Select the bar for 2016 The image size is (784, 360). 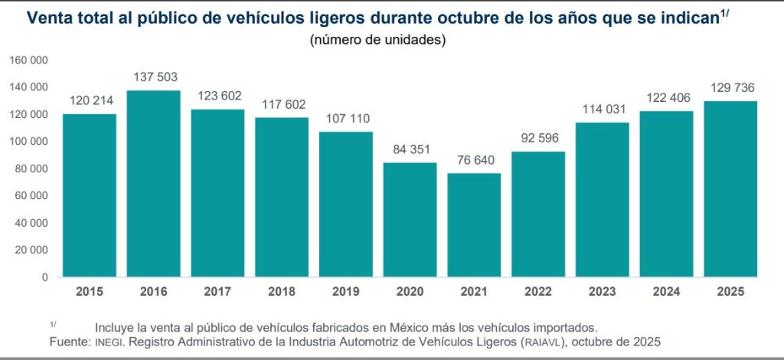153,184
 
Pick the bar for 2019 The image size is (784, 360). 346,204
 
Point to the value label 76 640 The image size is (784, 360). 474,161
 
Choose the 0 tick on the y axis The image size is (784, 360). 46,277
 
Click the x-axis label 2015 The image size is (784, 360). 89,291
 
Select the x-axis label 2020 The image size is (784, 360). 410,291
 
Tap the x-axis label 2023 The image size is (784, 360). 603,291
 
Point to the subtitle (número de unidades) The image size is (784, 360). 377,40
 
